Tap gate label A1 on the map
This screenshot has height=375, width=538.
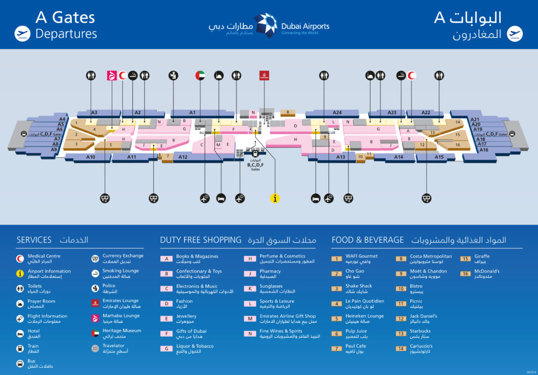coord(192,112)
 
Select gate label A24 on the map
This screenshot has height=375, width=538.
coord(337,112)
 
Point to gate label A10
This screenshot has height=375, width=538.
coord(91,157)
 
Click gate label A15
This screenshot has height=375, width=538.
coord(439,157)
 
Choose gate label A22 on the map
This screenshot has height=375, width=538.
coord(426,112)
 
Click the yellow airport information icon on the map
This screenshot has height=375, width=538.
coord(274,198)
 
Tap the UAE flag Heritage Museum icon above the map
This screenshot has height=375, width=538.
coord(200,75)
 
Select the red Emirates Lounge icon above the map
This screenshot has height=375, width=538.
coord(263,75)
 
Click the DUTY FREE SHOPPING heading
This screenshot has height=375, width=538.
coord(200,240)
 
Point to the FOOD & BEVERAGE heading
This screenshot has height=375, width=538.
coord(367,240)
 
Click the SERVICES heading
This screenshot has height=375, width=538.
coord(34,240)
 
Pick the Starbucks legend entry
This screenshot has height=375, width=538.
coord(420,331)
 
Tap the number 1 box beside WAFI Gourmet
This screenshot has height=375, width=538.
coord(336,258)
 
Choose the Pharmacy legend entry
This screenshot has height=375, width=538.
coord(270,272)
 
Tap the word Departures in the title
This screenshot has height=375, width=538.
coord(66,34)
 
